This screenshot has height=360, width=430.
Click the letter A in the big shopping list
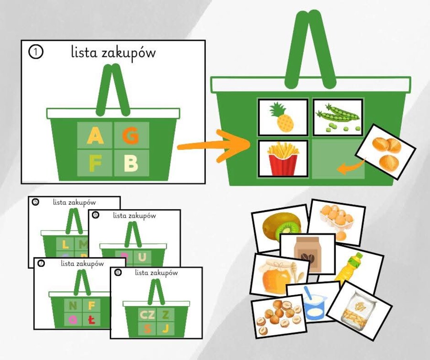(95, 137)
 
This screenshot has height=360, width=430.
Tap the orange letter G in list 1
(130, 137)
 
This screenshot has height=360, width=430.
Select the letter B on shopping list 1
(130, 163)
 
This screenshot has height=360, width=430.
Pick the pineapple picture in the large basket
(283, 117)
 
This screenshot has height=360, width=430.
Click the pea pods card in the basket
(338, 117)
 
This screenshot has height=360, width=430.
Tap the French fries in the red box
(283, 159)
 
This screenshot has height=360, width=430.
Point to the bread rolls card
(386, 152)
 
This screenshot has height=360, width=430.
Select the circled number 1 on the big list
(36, 52)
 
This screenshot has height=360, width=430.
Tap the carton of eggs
(337, 219)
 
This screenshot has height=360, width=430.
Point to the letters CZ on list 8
(146, 314)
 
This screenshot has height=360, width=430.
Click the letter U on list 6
(142, 257)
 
